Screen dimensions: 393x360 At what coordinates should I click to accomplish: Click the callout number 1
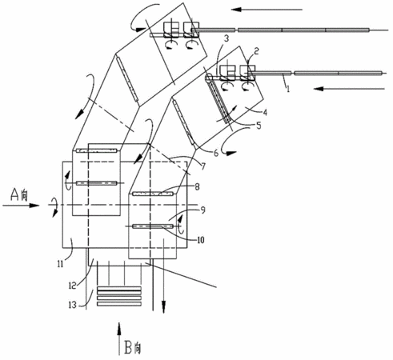[x=288, y=89]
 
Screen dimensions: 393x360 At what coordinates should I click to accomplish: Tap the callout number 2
[x=256, y=50]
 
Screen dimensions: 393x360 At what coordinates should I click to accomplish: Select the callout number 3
[x=227, y=38]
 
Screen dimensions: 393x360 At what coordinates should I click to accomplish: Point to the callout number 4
[x=265, y=112]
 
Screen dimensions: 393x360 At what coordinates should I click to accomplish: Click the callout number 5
[x=259, y=126]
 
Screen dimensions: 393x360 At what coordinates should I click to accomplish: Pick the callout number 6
[x=216, y=153]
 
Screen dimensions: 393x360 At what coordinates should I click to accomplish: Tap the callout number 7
[x=203, y=166]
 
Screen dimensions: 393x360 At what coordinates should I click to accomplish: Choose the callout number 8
[x=197, y=187]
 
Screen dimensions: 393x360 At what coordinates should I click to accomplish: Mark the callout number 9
[x=203, y=210]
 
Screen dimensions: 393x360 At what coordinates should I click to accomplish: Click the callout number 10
[x=201, y=240]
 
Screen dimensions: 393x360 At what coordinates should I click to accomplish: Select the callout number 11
[x=60, y=264]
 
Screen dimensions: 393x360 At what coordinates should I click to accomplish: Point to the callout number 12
[x=72, y=286]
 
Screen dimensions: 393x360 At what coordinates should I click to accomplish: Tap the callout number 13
[x=72, y=305]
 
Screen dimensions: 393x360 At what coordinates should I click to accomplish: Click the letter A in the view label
[x=15, y=194]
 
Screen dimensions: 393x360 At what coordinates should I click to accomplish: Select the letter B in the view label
[x=128, y=347]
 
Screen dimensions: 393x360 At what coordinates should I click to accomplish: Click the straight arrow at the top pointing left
[x=267, y=10]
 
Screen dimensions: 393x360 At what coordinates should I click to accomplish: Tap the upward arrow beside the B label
[x=119, y=339]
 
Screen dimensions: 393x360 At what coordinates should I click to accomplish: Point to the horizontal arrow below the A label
[x=21, y=206]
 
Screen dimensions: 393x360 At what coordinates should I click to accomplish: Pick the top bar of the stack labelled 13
[x=119, y=289]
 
